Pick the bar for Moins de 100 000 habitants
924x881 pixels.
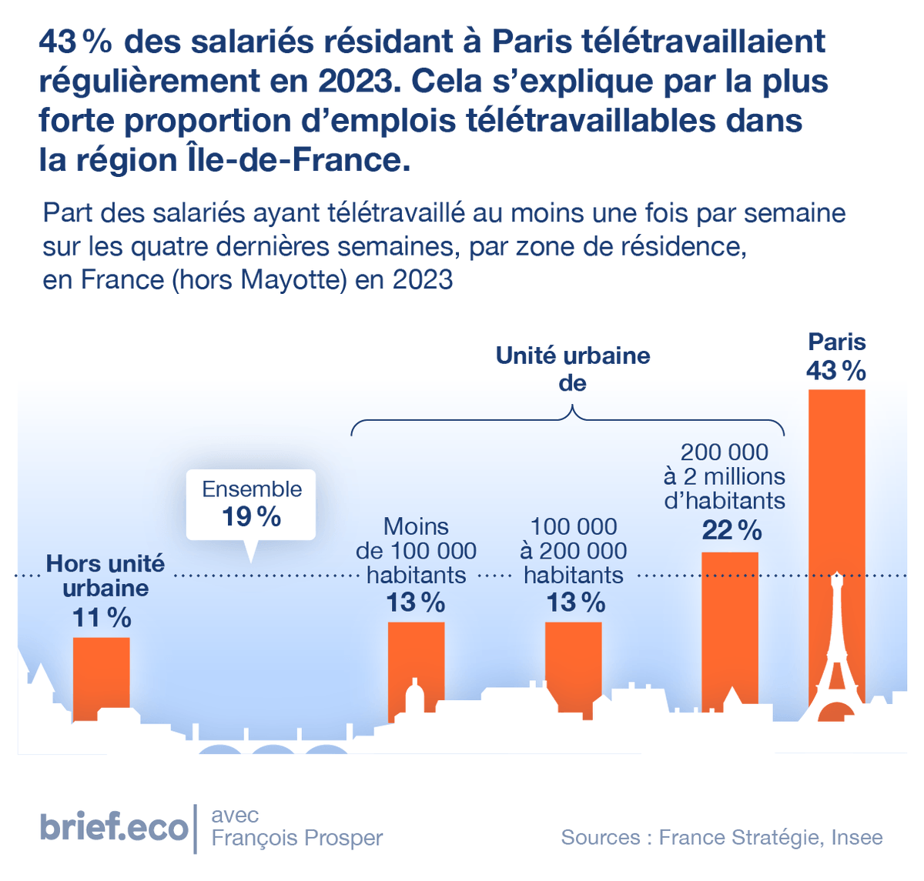(416, 654)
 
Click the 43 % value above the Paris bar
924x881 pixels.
(836, 371)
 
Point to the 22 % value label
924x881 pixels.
(731, 530)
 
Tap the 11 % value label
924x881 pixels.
(102, 617)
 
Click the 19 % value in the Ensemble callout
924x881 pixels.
(252, 517)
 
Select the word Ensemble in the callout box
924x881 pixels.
(252, 489)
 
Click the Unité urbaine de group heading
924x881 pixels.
(573, 369)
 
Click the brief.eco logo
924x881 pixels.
(114, 827)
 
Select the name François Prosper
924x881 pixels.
(296, 838)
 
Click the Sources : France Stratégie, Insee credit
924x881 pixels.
(721, 837)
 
